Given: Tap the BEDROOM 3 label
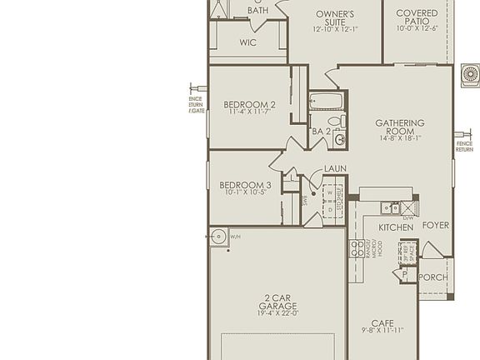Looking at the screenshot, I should click(x=245, y=184).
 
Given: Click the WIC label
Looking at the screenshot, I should click(x=247, y=42).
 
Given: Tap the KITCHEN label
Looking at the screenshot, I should click(x=396, y=227).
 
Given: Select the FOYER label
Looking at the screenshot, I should click(x=436, y=225).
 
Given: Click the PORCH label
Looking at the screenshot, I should click(x=432, y=277).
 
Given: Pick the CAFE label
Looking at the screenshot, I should click(x=382, y=323).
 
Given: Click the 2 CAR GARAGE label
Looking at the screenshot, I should click(x=277, y=301).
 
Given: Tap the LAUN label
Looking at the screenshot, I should click(x=335, y=169).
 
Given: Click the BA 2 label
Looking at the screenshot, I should click(x=322, y=131).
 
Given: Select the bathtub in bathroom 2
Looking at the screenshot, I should click(x=324, y=102).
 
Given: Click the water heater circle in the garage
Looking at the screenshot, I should click(x=218, y=237).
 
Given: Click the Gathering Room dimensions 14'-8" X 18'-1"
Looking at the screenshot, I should click(x=399, y=137).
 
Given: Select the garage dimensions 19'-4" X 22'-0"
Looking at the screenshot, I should click(x=277, y=312).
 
